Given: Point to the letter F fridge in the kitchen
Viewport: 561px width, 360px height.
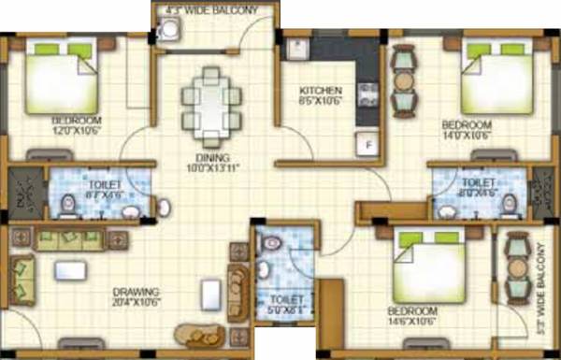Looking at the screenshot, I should (x=367, y=145).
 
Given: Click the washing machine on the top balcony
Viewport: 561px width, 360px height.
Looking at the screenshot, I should (x=168, y=32).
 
